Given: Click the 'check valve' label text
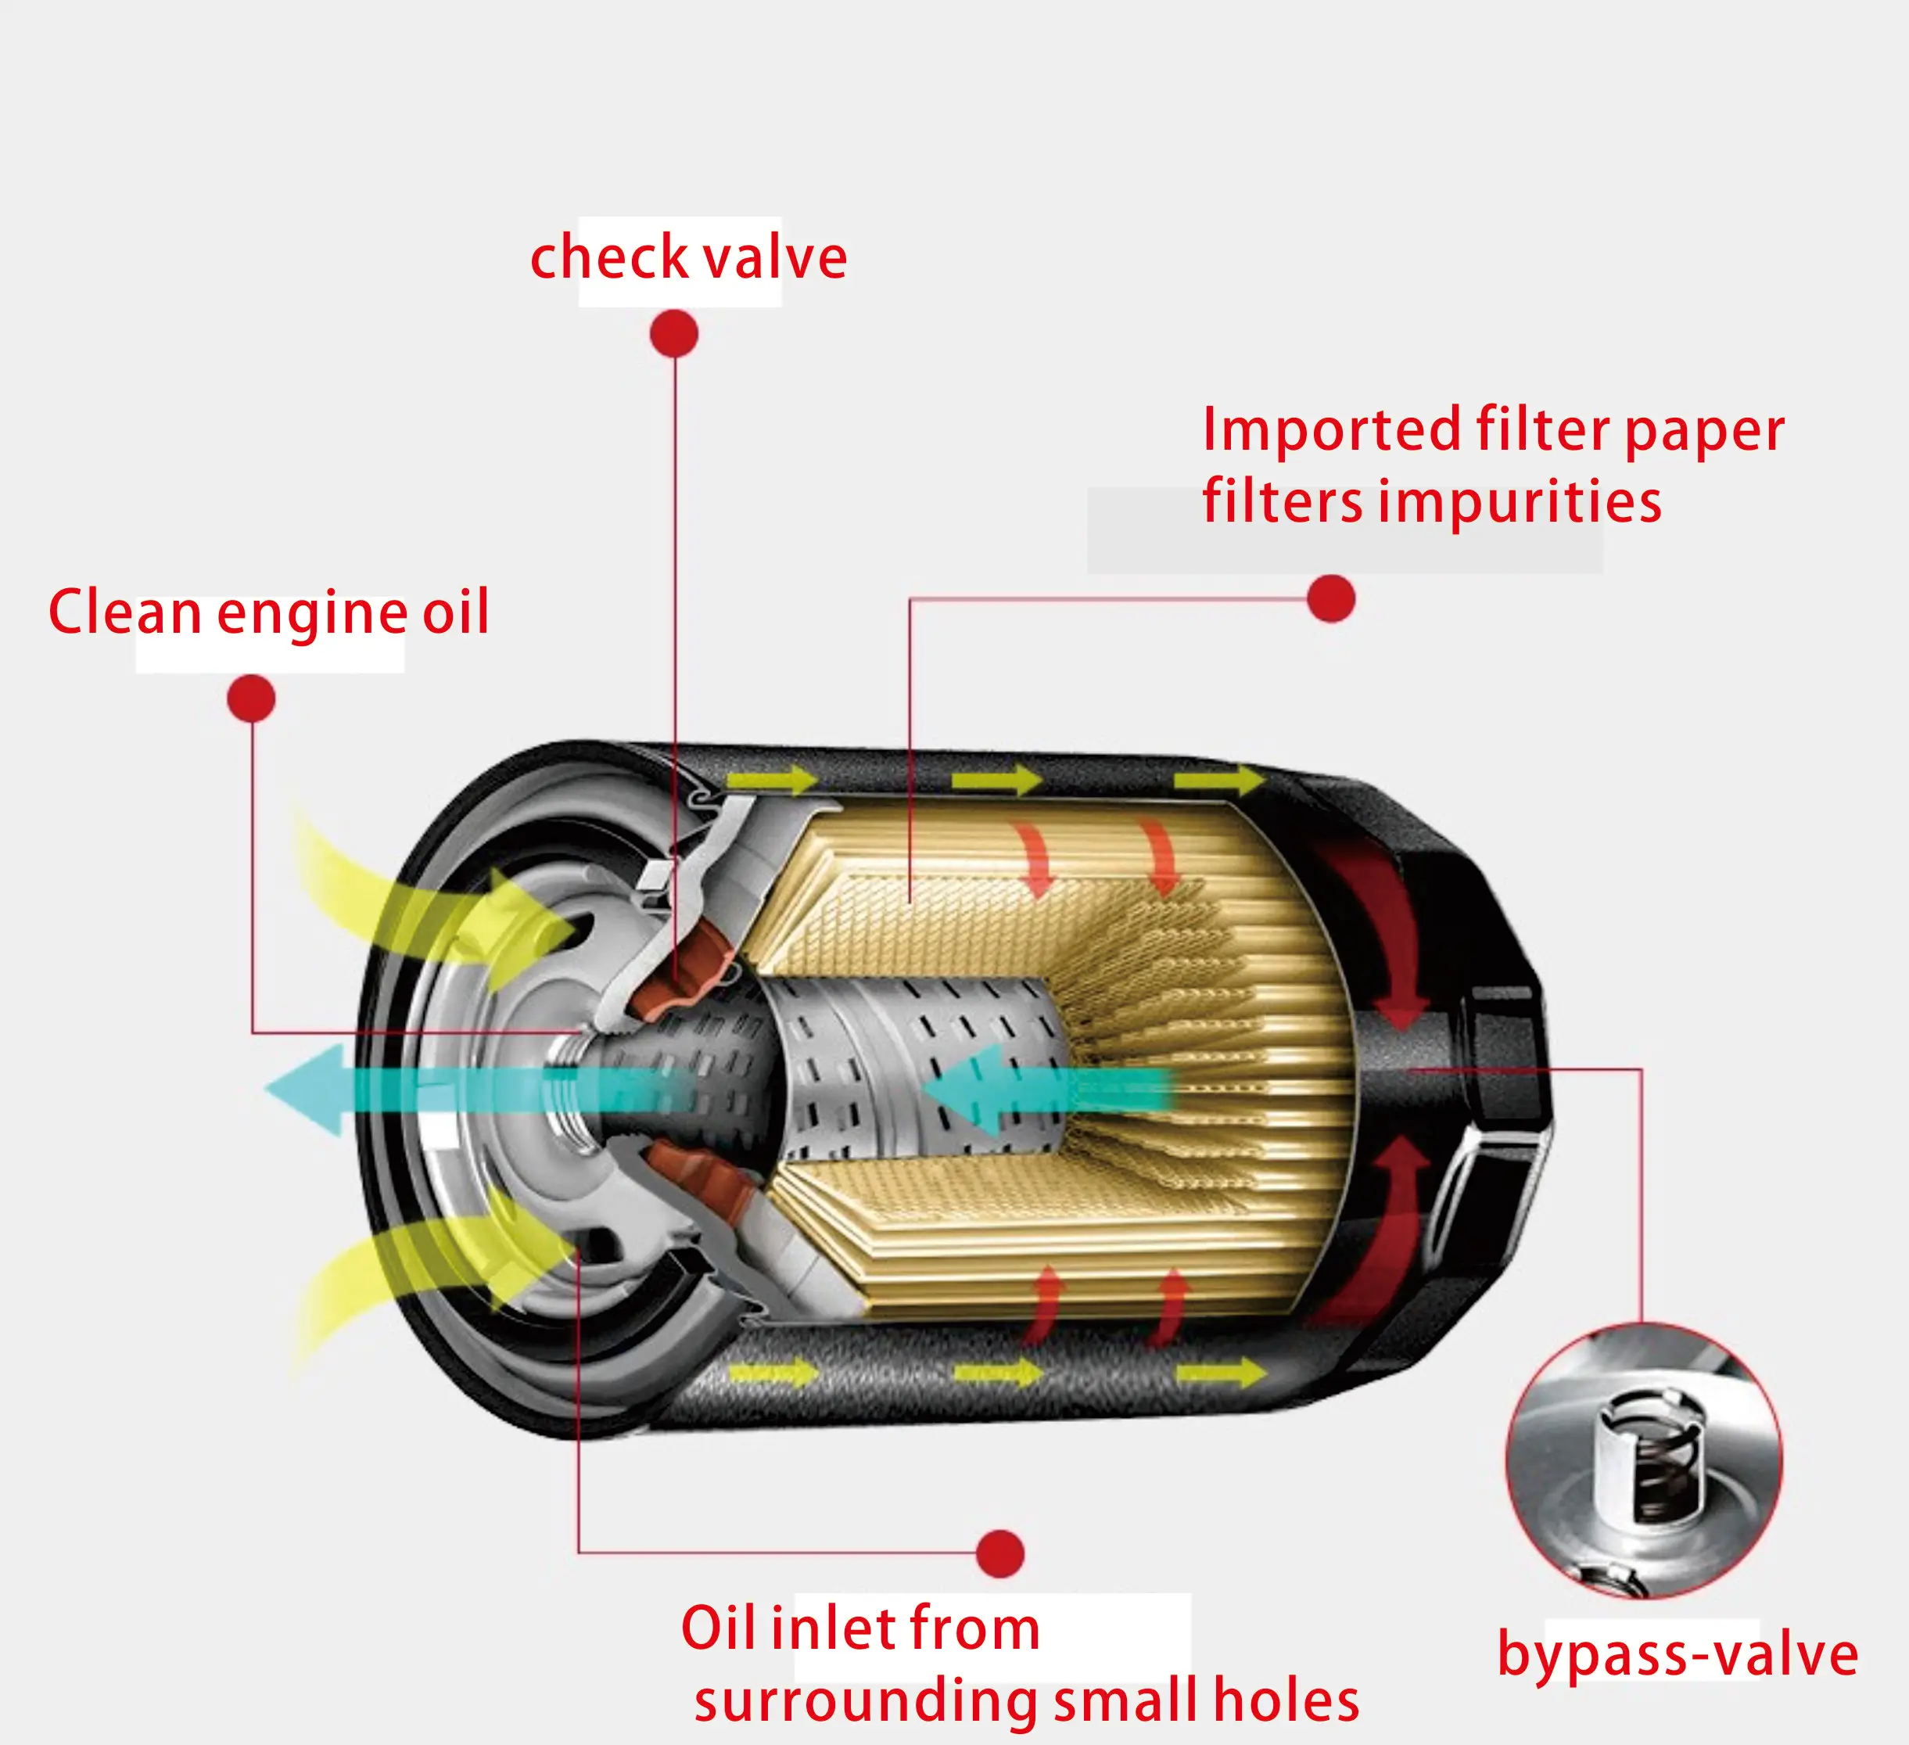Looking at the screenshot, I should (688, 257).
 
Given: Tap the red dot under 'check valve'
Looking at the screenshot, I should (674, 334).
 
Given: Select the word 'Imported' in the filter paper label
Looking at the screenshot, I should (1331, 431).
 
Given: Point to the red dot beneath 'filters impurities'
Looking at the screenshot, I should (1330, 598).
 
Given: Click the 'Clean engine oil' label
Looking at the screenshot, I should (269, 612).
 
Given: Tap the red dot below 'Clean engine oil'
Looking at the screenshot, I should (251, 698).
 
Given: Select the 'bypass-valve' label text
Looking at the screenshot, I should (1677, 1653).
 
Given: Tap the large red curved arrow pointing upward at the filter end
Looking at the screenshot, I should (1383, 1231).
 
